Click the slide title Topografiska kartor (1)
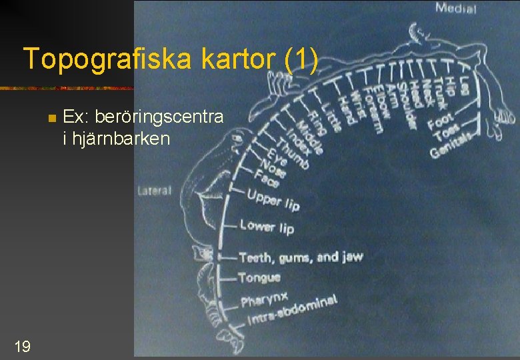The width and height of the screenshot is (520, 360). tap(170, 60)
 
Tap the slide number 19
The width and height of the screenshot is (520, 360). tap(21, 345)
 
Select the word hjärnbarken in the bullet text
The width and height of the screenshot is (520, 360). tap(118, 139)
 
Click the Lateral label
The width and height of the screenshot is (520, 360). tap(154, 191)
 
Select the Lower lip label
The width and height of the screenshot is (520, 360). tap(267, 227)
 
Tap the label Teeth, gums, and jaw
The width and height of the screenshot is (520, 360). tap(300, 257)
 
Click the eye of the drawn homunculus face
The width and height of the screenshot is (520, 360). tap(236, 140)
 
